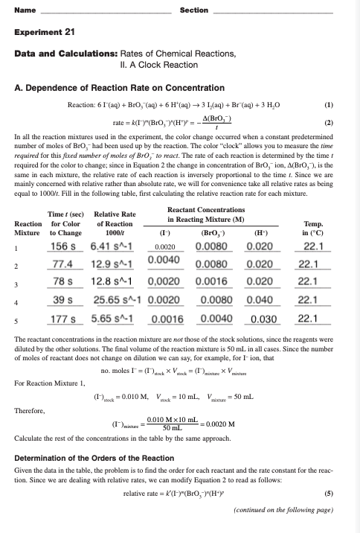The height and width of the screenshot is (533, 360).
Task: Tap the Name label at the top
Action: point(24,9)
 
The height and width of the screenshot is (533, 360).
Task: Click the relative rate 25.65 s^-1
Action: point(112,255)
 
